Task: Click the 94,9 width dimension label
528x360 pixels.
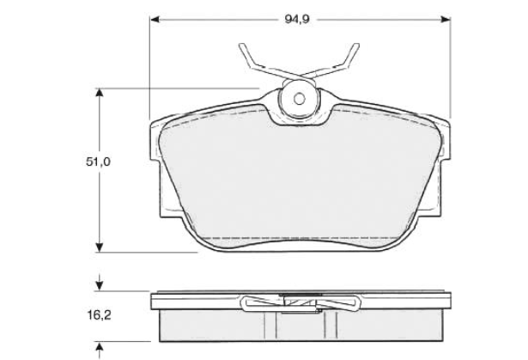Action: tap(297, 19)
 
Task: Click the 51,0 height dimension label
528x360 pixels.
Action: tap(98, 162)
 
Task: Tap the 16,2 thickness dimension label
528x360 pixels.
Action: tap(99, 315)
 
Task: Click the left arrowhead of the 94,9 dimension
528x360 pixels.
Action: tap(155, 20)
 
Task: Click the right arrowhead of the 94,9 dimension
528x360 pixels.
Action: tap(446, 20)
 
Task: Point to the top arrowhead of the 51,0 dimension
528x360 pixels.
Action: tap(99, 93)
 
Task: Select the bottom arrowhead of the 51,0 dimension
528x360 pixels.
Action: tap(99, 247)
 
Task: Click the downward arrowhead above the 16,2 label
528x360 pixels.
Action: tap(100, 286)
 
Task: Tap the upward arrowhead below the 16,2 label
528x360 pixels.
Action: tap(100, 346)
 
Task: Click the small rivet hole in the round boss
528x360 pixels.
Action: tap(299, 99)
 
